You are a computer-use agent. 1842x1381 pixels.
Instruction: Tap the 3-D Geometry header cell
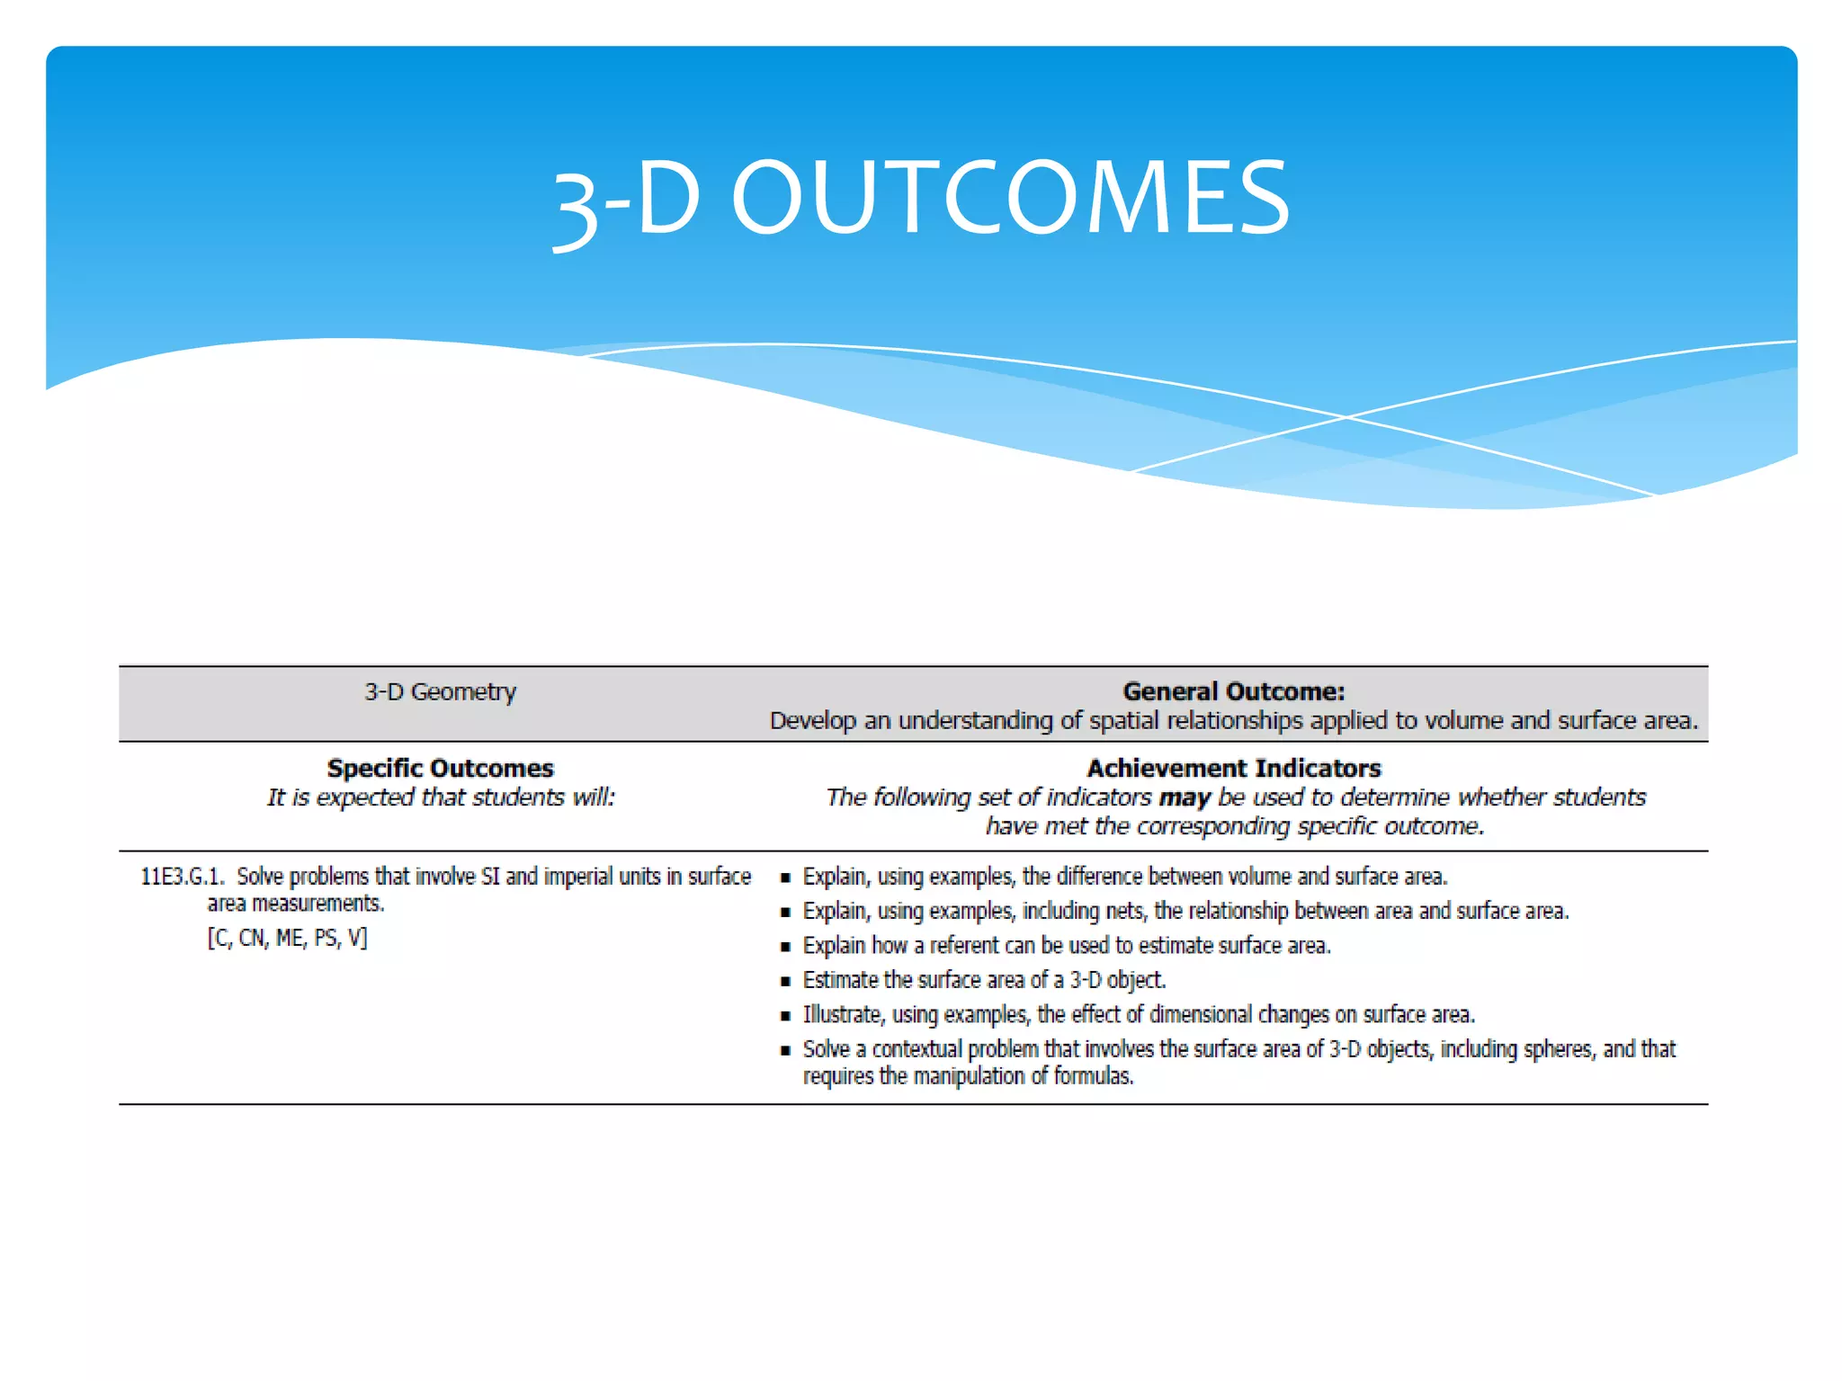tap(440, 691)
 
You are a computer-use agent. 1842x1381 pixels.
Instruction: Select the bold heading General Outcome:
tap(1233, 691)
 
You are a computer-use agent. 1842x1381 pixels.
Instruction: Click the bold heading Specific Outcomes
tap(440, 768)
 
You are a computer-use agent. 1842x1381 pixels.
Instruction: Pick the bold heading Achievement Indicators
tap(1233, 768)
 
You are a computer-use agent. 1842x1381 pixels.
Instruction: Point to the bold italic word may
tap(1184, 797)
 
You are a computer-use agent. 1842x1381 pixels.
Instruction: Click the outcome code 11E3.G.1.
tap(182, 877)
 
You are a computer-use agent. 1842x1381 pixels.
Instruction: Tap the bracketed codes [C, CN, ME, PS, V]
tap(287, 938)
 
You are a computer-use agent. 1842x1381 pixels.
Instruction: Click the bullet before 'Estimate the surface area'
tap(785, 981)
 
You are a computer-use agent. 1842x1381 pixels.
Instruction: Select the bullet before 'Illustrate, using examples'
tap(785, 1016)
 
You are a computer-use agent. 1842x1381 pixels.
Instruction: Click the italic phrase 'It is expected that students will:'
tap(440, 797)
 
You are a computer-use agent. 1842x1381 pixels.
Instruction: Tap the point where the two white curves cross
tap(1346, 417)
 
